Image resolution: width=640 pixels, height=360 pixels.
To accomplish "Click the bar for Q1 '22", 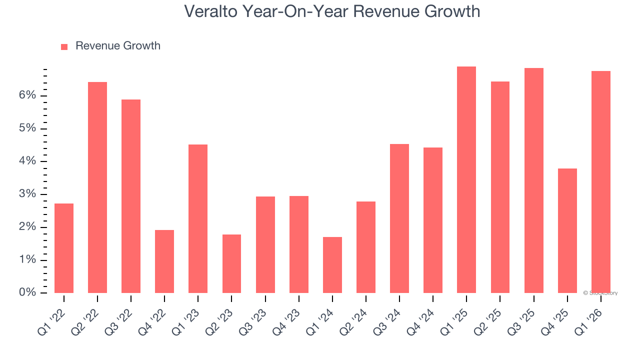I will click(x=64, y=248).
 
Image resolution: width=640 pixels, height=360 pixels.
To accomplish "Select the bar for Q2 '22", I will click(x=97, y=187).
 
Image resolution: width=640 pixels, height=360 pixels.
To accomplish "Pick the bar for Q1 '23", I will click(x=198, y=218).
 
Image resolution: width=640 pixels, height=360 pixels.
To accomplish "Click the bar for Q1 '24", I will click(x=332, y=264).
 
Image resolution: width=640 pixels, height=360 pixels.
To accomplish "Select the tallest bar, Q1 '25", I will click(x=466, y=179).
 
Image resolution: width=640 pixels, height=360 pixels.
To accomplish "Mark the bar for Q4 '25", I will click(x=567, y=230).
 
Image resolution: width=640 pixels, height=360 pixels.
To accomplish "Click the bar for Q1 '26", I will click(x=601, y=182).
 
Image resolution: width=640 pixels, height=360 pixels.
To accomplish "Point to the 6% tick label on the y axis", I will click(x=27, y=95).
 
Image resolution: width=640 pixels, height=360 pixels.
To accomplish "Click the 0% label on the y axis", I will click(x=27, y=292).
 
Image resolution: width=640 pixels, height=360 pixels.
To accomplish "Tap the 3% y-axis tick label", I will click(x=27, y=194).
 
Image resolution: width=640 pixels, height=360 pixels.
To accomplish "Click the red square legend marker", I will click(x=64, y=46).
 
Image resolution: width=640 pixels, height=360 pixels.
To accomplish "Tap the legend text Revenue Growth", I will click(x=118, y=46).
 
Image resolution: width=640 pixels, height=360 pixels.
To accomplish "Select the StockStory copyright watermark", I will click(x=600, y=293).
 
